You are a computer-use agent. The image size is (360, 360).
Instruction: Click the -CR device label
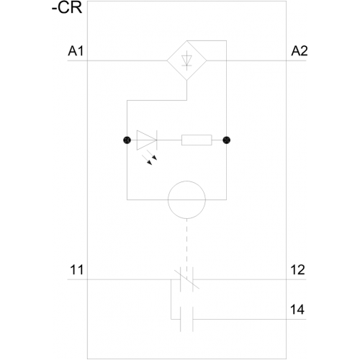coord(67,8)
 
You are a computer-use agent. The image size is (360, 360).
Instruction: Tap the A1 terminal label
coord(76,51)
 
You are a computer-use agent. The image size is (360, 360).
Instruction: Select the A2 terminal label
coord(300,51)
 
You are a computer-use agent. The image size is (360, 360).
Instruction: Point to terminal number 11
coord(77,270)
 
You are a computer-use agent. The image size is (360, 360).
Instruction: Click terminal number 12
coord(297,270)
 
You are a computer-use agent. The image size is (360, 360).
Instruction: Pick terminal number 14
coord(297,310)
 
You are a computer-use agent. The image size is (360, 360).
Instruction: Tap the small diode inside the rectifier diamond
coord(186,60)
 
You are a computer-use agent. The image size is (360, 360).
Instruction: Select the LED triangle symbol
coord(147,140)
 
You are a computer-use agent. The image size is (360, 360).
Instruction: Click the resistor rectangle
coord(197,140)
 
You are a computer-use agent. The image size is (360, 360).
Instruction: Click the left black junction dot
coord(127,140)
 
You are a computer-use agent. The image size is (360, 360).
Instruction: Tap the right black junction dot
coord(226,140)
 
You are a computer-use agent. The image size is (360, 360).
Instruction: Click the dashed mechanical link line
coord(186,243)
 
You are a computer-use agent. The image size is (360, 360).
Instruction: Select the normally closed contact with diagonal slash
coord(186,279)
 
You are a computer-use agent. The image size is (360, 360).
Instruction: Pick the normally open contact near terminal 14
coord(186,319)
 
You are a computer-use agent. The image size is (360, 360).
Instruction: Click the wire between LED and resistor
coord(169,140)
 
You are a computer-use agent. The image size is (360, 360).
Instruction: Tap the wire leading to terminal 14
coord(250,319)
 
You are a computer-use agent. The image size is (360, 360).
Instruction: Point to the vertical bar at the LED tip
coord(157,140)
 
